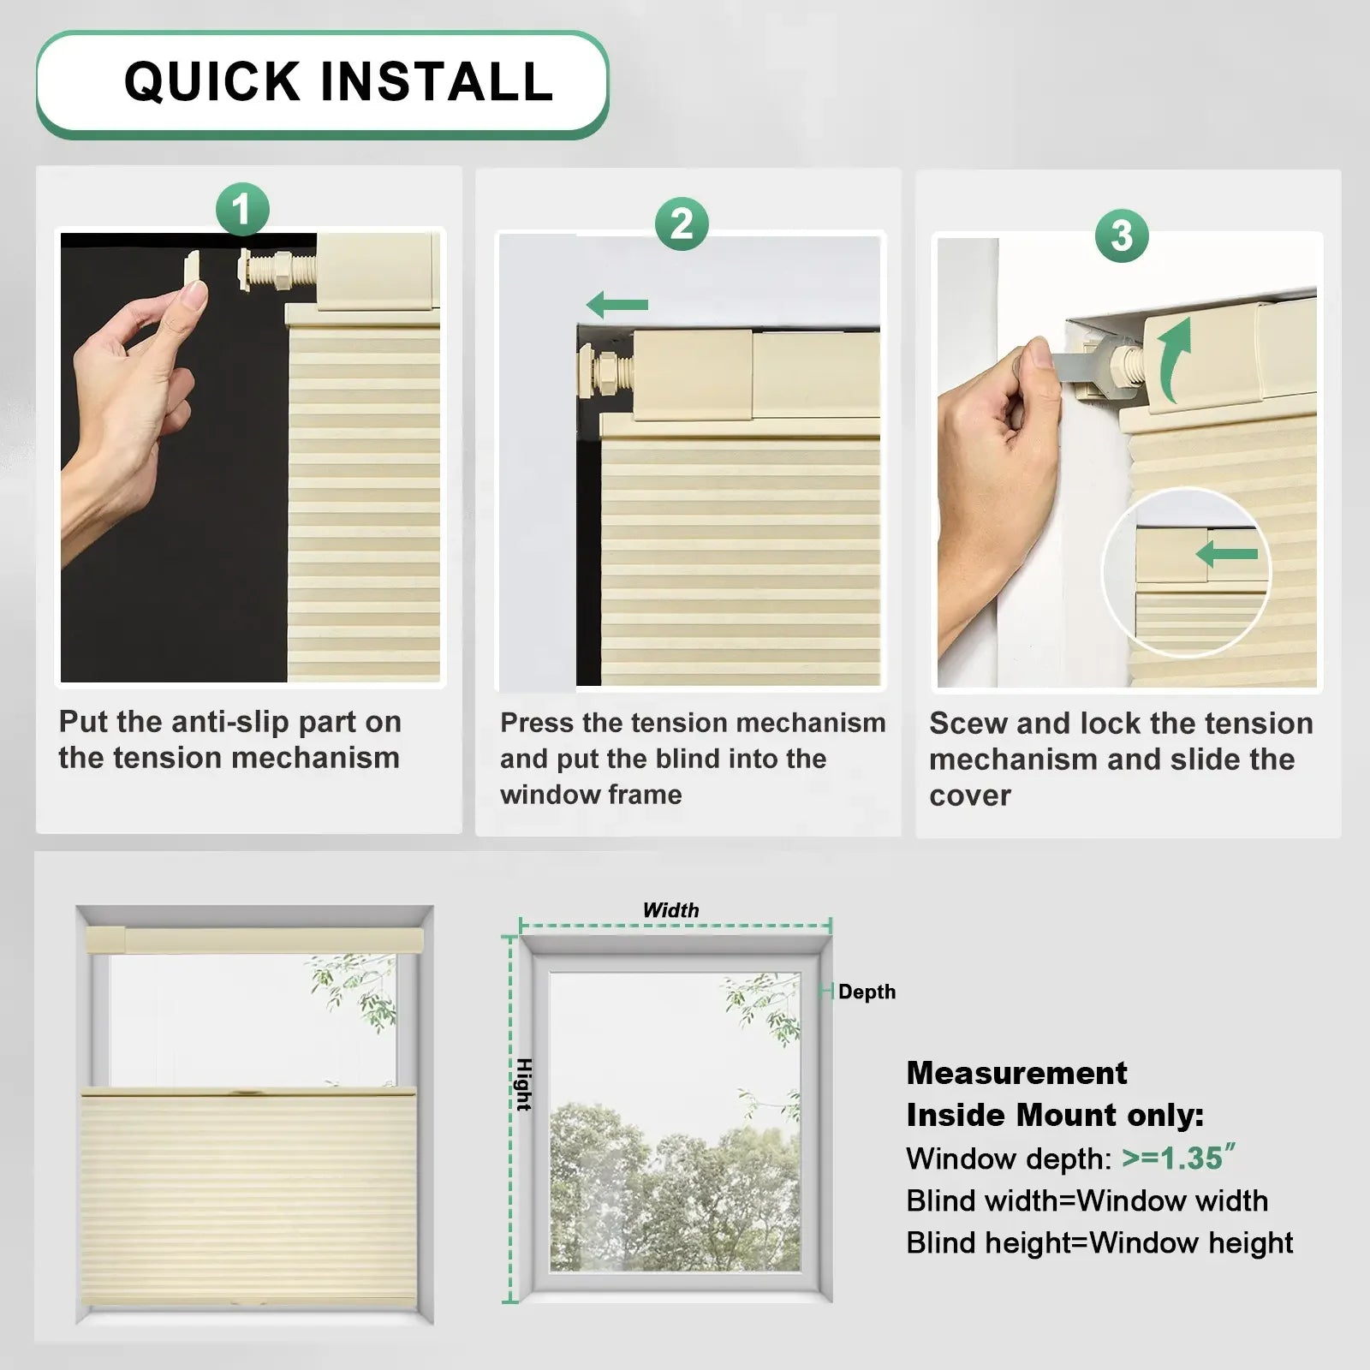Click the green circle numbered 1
point(242,210)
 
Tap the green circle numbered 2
point(682,224)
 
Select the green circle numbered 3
point(1122,235)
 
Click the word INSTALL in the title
point(437,82)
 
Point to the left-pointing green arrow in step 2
point(617,304)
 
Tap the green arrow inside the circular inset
point(1227,554)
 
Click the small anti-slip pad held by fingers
point(193,272)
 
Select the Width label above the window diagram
point(670,910)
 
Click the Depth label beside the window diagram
point(867,992)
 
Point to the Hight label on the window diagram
point(524,1084)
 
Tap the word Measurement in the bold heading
point(1016,1073)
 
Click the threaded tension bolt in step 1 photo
point(276,271)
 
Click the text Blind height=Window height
point(1099,1242)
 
